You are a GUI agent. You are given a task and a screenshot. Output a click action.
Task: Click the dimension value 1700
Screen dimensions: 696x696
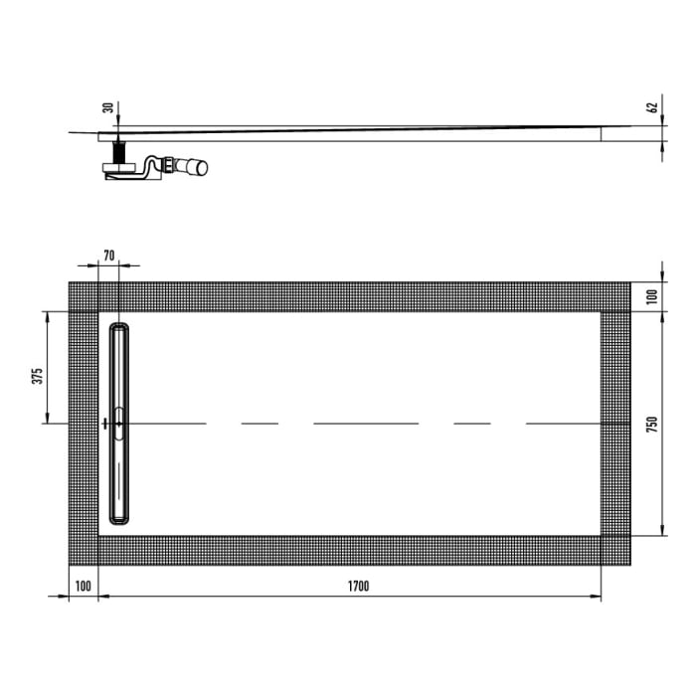[358, 586]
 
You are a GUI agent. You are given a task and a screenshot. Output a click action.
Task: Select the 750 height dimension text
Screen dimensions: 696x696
[652, 425]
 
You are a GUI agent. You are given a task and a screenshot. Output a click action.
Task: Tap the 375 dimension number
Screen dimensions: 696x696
[36, 376]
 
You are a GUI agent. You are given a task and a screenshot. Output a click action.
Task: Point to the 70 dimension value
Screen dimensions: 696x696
[109, 256]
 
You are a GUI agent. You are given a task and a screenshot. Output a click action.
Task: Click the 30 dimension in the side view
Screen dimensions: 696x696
[107, 108]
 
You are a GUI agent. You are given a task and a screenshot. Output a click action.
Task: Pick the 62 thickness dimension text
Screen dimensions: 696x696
[652, 108]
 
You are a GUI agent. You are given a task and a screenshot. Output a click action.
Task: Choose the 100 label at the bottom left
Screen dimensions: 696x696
[83, 586]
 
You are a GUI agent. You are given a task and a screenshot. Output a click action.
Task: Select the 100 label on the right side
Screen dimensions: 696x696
[652, 297]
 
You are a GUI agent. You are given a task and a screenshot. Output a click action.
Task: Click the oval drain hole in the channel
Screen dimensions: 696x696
[119, 423]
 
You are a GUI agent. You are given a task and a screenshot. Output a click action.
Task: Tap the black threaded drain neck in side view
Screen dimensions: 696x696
[119, 155]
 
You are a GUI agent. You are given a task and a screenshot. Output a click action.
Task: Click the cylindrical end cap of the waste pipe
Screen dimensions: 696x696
[200, 167]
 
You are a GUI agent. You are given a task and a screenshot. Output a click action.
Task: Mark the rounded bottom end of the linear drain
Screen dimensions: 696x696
[119, 519]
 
